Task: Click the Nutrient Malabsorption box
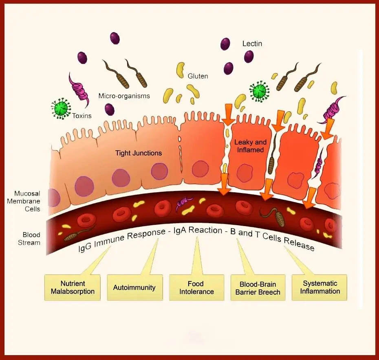point(73,288)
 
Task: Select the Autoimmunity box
point(134,288)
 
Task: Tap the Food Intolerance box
point(196,288)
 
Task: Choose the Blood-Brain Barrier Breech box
point(258,288)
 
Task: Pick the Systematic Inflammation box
point(320,287)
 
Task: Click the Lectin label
point(252,43)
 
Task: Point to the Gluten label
point(198,76)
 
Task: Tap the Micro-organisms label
point(124,96)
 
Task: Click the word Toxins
point(82,116)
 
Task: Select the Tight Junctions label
point(139,153)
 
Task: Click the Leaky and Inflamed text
point(249,146)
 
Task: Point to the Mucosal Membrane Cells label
point(27,201)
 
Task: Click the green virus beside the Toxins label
point(61,108)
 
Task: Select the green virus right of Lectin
point(259,92)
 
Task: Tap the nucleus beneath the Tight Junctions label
point(159,171)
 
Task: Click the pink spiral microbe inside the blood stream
point(185,202)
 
